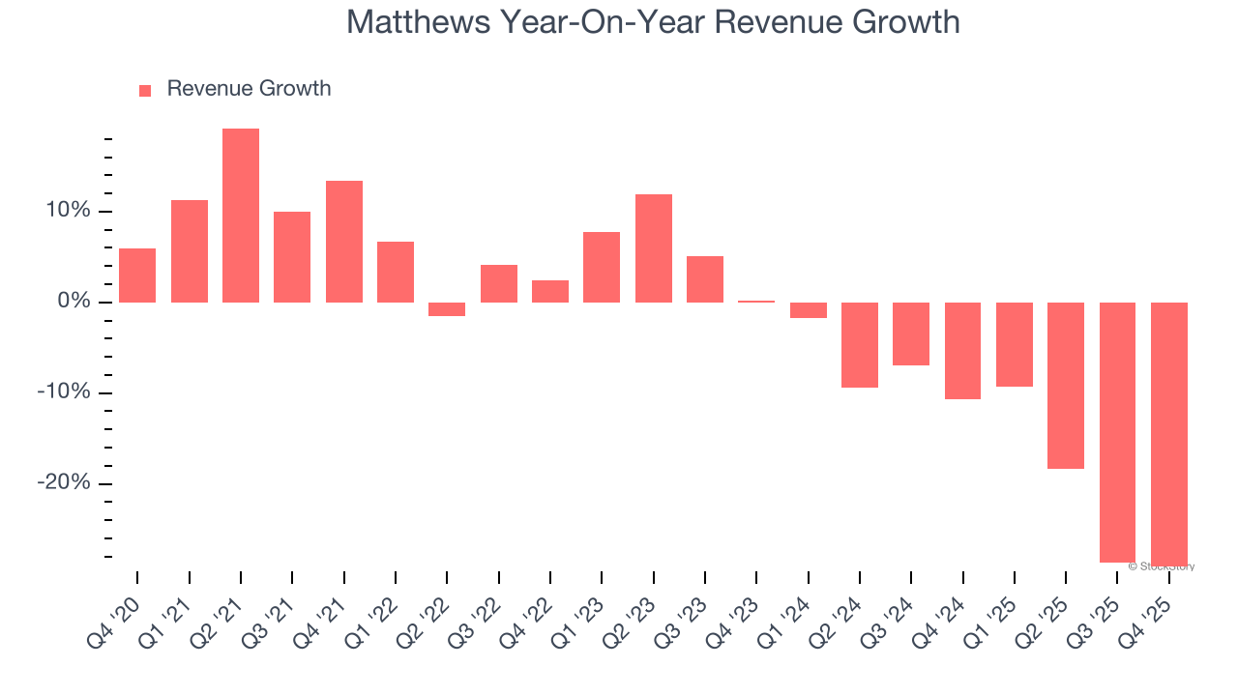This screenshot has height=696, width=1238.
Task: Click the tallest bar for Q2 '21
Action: [x=241, y=216]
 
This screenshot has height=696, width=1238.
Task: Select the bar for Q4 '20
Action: [x=137, y=275]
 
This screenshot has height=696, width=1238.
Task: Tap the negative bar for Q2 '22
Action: [x=447, y=309]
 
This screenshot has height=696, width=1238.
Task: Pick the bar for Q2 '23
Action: [x=654, y=248]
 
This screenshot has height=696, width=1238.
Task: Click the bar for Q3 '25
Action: [x=1117, y=432]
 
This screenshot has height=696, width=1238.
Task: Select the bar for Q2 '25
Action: [x=1066, y=386]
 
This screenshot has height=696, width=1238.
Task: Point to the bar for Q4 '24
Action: [x=962, y=351]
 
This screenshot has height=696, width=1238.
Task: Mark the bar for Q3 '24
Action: [x=911, y=333]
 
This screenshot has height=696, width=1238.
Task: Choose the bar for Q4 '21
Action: [x=344, y=242]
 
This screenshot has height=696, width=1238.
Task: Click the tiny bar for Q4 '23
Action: [x=756, y=302]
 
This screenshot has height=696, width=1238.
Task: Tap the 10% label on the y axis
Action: [x=66, y=211]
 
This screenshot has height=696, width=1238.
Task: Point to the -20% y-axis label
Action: [x=63, y=483]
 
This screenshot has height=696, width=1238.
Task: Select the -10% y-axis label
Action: [x=63, y=392]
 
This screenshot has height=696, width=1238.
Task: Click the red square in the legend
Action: [x=145, y=91]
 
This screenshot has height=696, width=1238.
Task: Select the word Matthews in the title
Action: [x=418, y=22]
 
